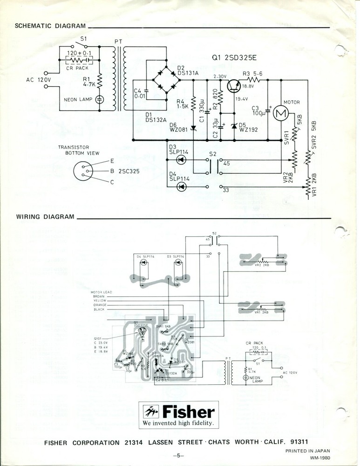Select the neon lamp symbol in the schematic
99,99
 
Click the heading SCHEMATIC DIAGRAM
50,26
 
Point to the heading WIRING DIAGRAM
45,217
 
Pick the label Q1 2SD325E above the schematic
234,59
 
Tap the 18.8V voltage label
248,86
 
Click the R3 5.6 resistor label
252,74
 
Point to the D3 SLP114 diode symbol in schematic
182,159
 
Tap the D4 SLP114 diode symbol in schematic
182,187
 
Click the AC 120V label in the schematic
38,79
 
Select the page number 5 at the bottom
179,455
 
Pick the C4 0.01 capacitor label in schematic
138,94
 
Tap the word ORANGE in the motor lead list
100,305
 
